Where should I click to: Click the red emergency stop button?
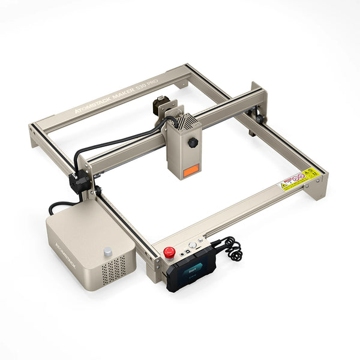pos(170,253)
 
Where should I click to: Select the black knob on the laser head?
pos(193,143)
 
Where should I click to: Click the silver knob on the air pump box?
pos(107,251)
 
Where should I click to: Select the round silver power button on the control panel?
pos(192,245)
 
